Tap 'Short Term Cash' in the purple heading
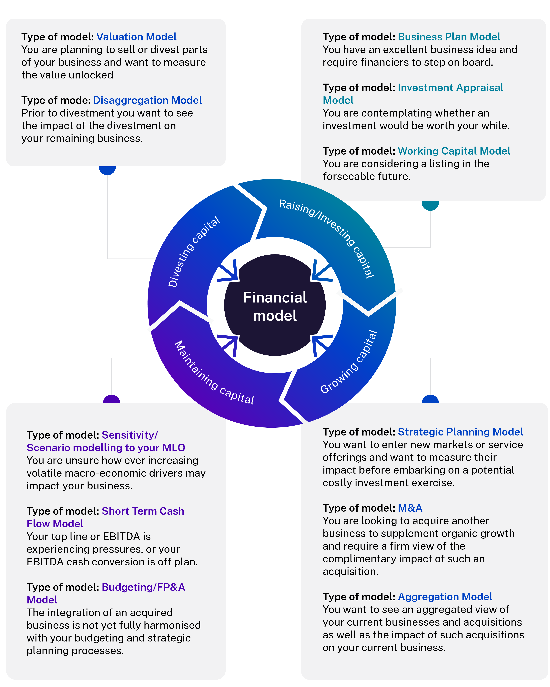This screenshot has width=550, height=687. [143, 511]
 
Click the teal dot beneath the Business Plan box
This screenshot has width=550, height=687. [430, 204]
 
